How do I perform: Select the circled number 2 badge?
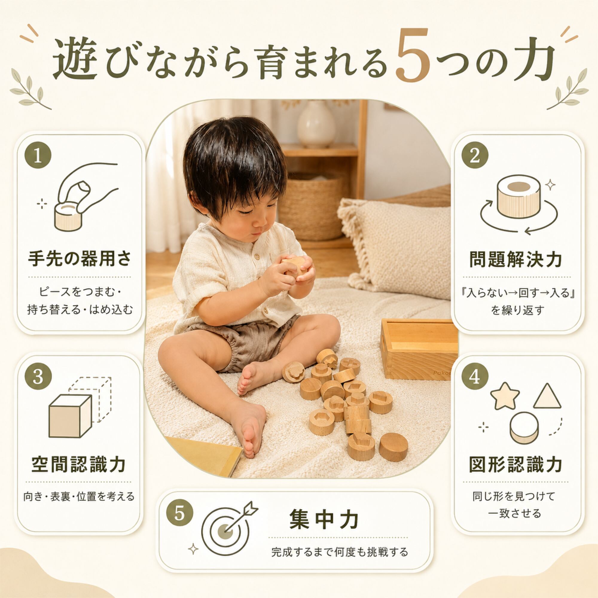tap(475, 155)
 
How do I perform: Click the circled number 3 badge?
tap(38, 378)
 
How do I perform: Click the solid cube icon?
tap(70, 416)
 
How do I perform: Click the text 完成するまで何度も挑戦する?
tap(340, 552)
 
